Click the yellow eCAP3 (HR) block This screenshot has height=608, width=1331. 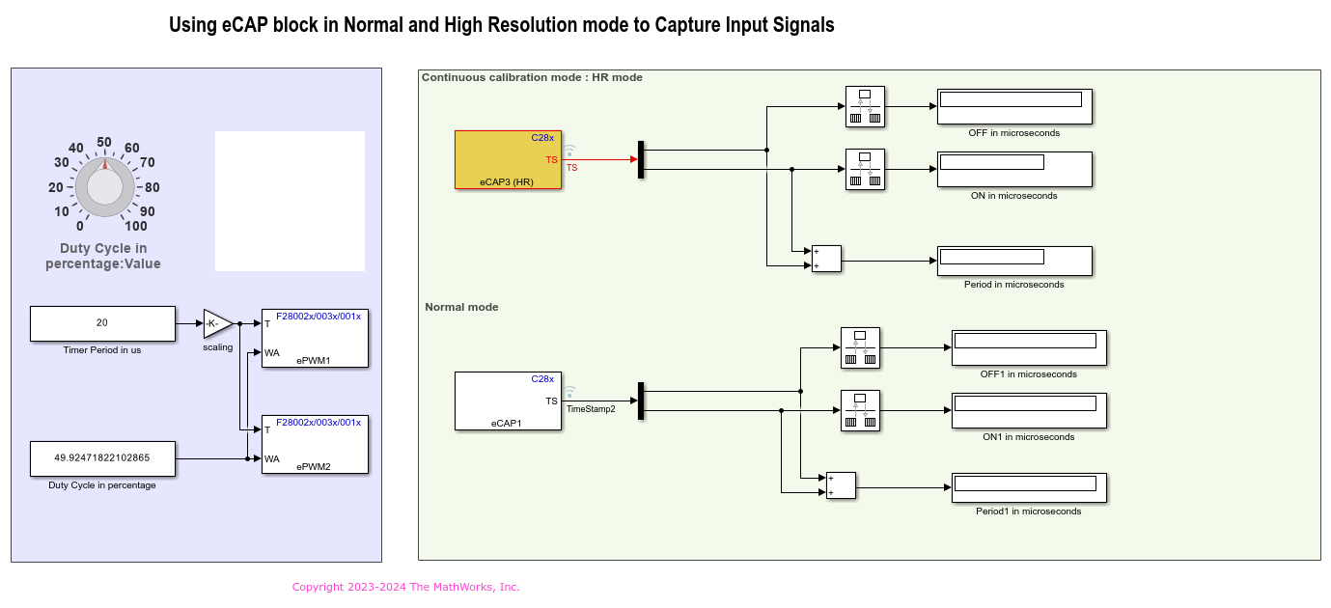point(508,159)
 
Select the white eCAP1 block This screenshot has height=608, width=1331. point(508,401)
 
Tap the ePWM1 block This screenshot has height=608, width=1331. point(315,338)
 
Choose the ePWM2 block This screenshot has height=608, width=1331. point(315,445)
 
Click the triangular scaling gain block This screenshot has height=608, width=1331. point(217,323)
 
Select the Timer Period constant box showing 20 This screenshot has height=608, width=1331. point(102,323)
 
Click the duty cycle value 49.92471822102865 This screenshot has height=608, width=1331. point(102,458)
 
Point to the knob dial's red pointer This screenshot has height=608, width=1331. point(106,165)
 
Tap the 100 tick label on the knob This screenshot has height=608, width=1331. point(136,227)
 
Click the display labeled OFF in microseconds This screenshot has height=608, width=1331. point(1013,106)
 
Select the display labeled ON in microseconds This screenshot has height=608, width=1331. point(1013,169)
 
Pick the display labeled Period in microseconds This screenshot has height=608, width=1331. point(1013,261)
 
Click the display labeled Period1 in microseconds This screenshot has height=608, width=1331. point(1029,487)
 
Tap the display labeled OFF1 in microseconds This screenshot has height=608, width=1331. point(1029,347)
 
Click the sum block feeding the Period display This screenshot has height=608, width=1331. point(826,259)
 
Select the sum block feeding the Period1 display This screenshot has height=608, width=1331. point(841,485)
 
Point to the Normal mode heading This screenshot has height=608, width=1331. point(461,307)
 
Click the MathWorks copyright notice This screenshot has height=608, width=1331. point(405,587)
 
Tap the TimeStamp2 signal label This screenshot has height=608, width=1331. point(591,409)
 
